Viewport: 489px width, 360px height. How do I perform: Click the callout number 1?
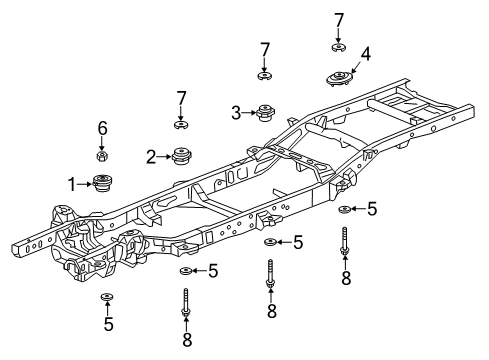72,183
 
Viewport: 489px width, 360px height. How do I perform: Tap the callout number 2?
151,156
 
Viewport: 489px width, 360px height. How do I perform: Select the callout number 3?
236,113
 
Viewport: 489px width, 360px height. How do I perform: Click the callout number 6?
101,128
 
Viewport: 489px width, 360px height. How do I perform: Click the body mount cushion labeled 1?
101,182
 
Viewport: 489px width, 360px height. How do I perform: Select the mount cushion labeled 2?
181,155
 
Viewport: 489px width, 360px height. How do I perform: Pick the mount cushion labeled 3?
266,113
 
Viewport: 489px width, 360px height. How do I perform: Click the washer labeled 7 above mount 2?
181,124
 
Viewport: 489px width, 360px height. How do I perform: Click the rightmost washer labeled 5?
344,209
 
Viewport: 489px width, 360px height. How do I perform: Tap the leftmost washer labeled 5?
107,297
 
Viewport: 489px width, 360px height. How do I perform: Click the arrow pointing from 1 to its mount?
84,183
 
